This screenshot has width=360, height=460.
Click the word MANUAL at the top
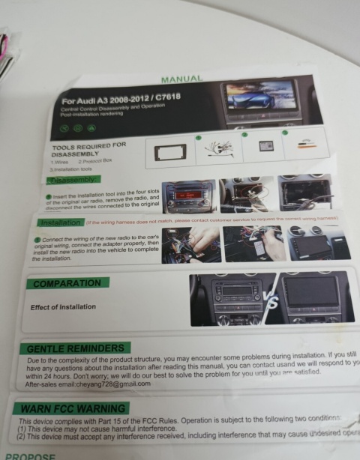(x=182, y=79)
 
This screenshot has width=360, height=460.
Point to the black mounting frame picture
(x=169, y=153)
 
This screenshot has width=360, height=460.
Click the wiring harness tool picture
(x=217, y=151)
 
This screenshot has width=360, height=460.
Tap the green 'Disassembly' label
(x=72, y=181)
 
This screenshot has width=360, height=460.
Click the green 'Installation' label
(x=61, y=223)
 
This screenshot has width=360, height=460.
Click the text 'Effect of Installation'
(x=63, y=307)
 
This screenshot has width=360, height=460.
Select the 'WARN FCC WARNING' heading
(x=73, y=409)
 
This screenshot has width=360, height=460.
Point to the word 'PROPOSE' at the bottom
(x=30, y=456)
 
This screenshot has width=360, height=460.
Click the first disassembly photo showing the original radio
(x=188, y=197)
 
